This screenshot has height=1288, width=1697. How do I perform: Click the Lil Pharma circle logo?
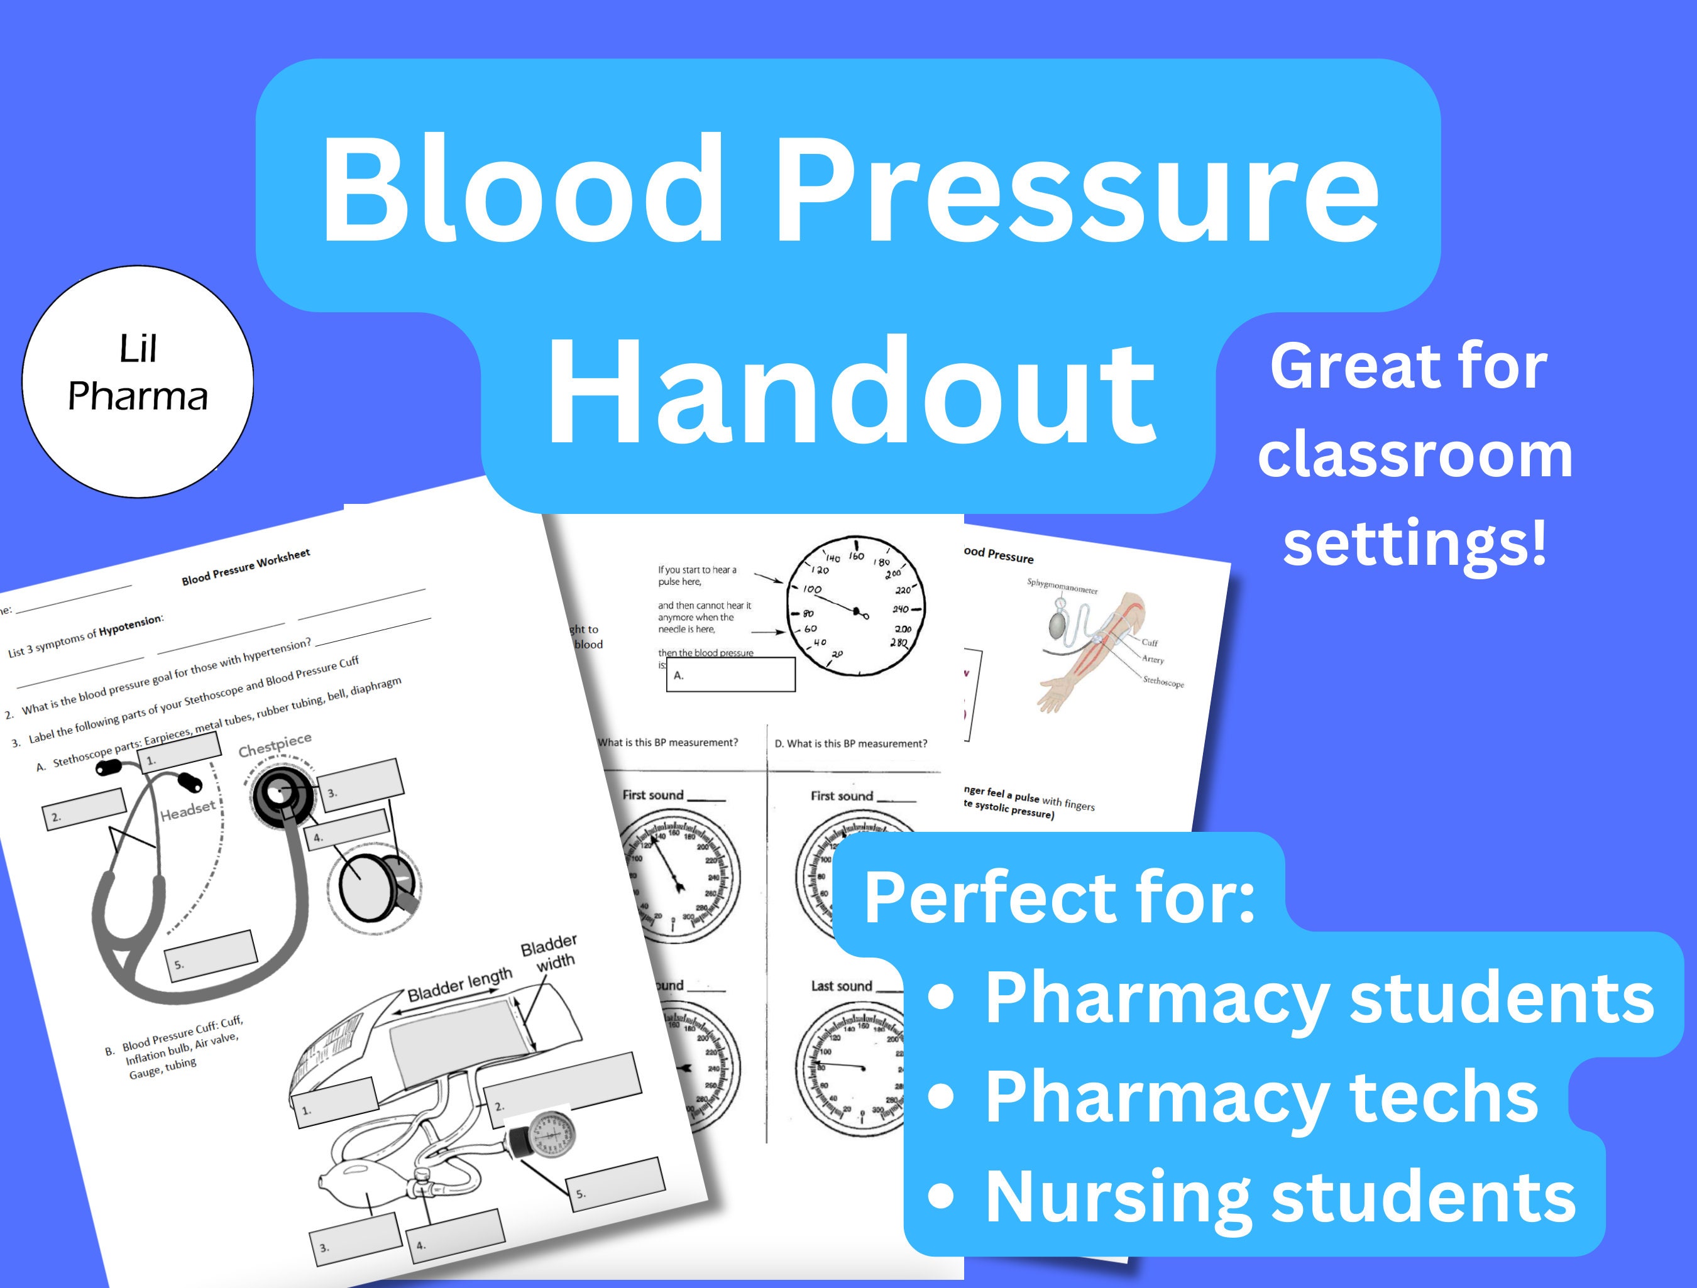pyautogui.click(x=138, y=381)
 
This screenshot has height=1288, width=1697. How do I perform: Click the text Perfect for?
pyautogui.click(x=1058, y=898)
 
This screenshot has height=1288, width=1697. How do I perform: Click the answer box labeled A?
pyautogui.click(x=730, y=675)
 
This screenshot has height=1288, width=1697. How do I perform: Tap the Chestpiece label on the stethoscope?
pyautogui.click(x=275, y=743)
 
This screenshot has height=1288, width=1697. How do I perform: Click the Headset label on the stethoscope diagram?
pyautogui.click(x=188, y=809)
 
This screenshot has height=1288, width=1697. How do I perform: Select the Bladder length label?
pyautogui.click(x=459, y=984)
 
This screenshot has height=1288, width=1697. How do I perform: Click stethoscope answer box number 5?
pyautogui.click(x=212, y=955)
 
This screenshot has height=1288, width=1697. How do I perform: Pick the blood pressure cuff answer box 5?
pyautogui.click(x=615, y=1184)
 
